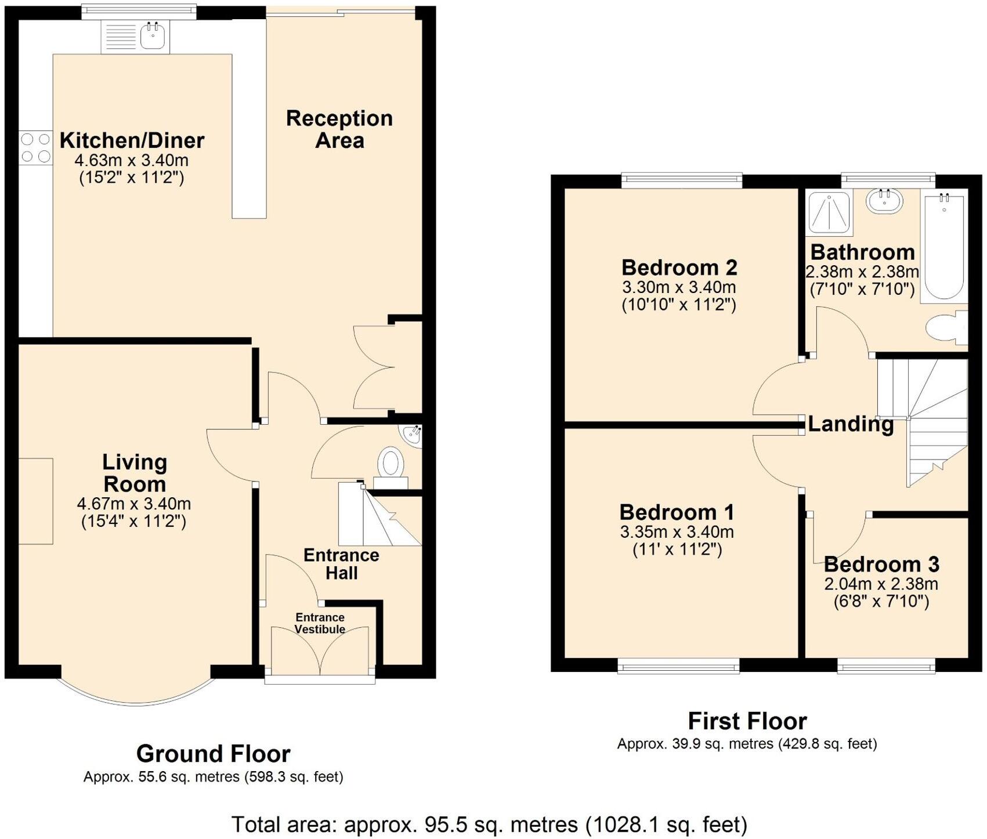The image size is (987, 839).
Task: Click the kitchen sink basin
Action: pos(153,36)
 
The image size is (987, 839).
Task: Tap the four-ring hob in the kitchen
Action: pos(35,148)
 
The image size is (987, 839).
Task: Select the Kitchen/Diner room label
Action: pos(132,140)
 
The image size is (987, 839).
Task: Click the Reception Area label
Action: pos(339,129)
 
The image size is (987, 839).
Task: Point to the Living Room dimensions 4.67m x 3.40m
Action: pos(134,504)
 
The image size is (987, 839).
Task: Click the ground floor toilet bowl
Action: pos(391,463)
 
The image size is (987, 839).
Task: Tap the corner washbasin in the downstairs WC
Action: pos(413,436)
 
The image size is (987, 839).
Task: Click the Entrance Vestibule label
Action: pos(320,623)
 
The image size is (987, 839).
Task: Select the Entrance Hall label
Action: pos(341,563)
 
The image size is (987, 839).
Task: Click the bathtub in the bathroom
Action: pos(944,246)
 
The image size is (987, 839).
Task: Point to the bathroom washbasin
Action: pos(884,201)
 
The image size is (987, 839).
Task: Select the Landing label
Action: pos(851,424)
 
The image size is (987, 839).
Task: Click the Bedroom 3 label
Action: pos(881,564)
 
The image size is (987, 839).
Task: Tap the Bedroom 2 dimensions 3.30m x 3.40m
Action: pos(679,287)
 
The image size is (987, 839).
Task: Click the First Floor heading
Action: pos(747,721)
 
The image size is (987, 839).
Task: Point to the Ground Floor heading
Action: pos(213,754)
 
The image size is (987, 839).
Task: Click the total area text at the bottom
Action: pos(489,824)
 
